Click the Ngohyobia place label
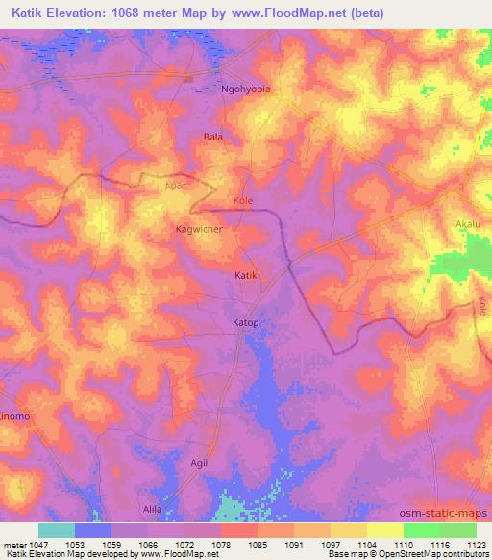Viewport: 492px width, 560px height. pyautogui.click(x=247, y=89)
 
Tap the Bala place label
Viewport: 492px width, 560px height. pyautogui.click(x=213, y=137)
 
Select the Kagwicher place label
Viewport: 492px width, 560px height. pyautogui.click(x=200, y=229)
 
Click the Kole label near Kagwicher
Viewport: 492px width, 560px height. pyautogui.click(x=242, y=201)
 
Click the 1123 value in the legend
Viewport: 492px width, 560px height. pyautogui.click(x=476, y=545)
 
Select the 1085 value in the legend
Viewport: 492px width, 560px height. pyautogui.click(x=257, y=545)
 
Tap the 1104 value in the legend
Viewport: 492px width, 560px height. pyautogui.click(x=366, y=545)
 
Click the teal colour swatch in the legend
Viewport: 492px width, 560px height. pyautogui.click(x=57, y=530)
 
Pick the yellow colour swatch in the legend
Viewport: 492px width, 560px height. pyautogui.click(x=384, y=530)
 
